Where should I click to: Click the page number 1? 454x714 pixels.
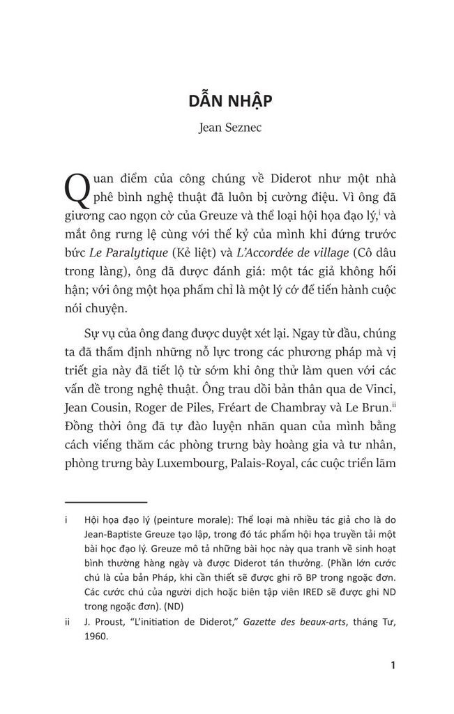[x=393, y=664]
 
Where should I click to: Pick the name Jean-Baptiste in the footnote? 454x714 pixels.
[x=117, y=533]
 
